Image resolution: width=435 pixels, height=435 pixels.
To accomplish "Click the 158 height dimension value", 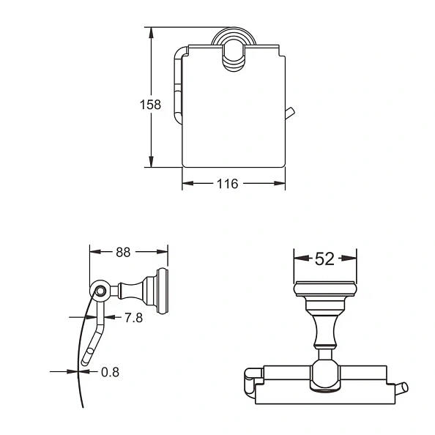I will (150, 105).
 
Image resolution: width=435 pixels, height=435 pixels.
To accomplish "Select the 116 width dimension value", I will (228, 184).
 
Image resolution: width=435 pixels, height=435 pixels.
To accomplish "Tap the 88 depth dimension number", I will (123, 253).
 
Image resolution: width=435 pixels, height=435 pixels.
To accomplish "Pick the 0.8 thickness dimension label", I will (110, 372).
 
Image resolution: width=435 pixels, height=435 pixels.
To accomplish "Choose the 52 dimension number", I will (324, 259).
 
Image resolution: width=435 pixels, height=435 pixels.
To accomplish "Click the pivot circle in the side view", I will (100, 291).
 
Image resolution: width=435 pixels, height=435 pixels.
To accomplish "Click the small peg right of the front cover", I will (290, 114).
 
